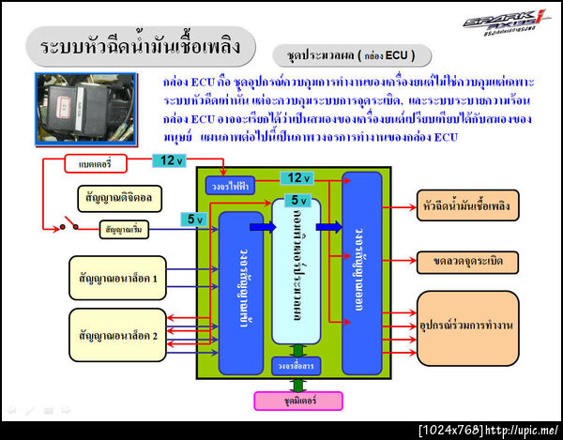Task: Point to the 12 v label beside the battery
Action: click(x=170, y=160)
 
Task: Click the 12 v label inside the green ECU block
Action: click(x=297, y=177)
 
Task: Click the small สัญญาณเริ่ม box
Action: click(x=127, y=228)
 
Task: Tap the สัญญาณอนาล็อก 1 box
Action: click(x=118, y=278)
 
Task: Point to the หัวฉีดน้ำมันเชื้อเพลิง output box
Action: click(x=467, y=205)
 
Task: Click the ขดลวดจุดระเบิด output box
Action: click(x=467, y=258)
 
